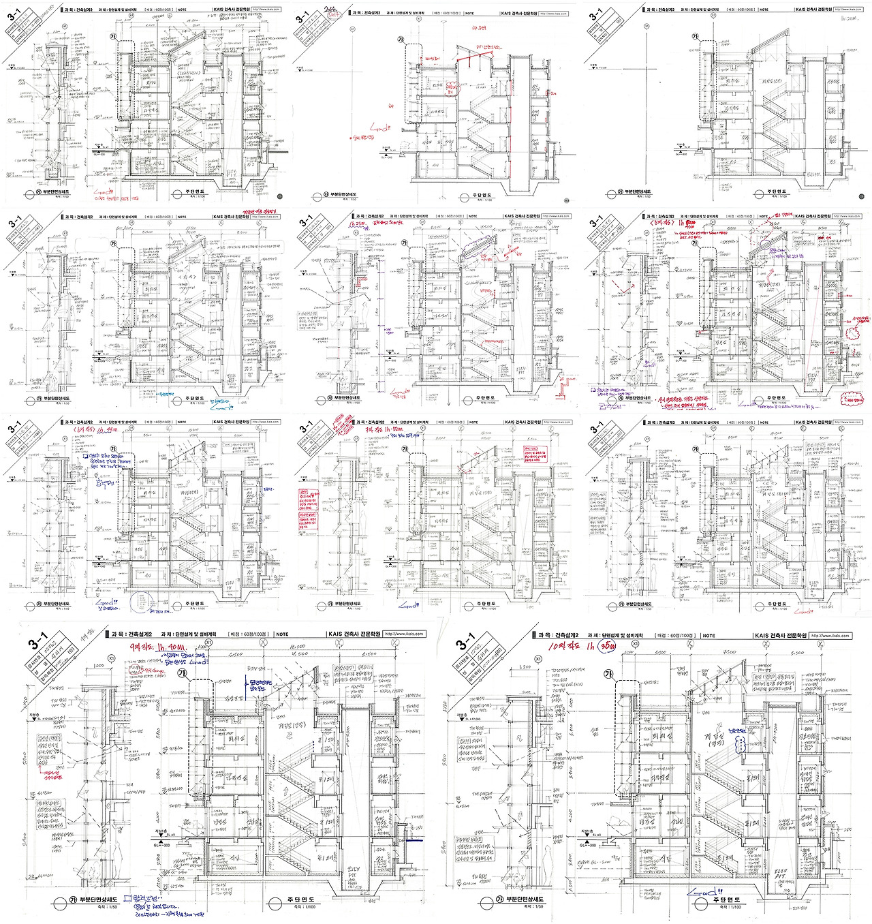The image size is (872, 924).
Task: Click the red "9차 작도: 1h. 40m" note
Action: pyautogui.click(x=153, y=647)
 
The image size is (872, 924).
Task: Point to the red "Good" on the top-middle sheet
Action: pyautogui.click(x=380, y=127)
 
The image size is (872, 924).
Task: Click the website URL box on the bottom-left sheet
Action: pyautogui.click(x=404, y=634)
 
